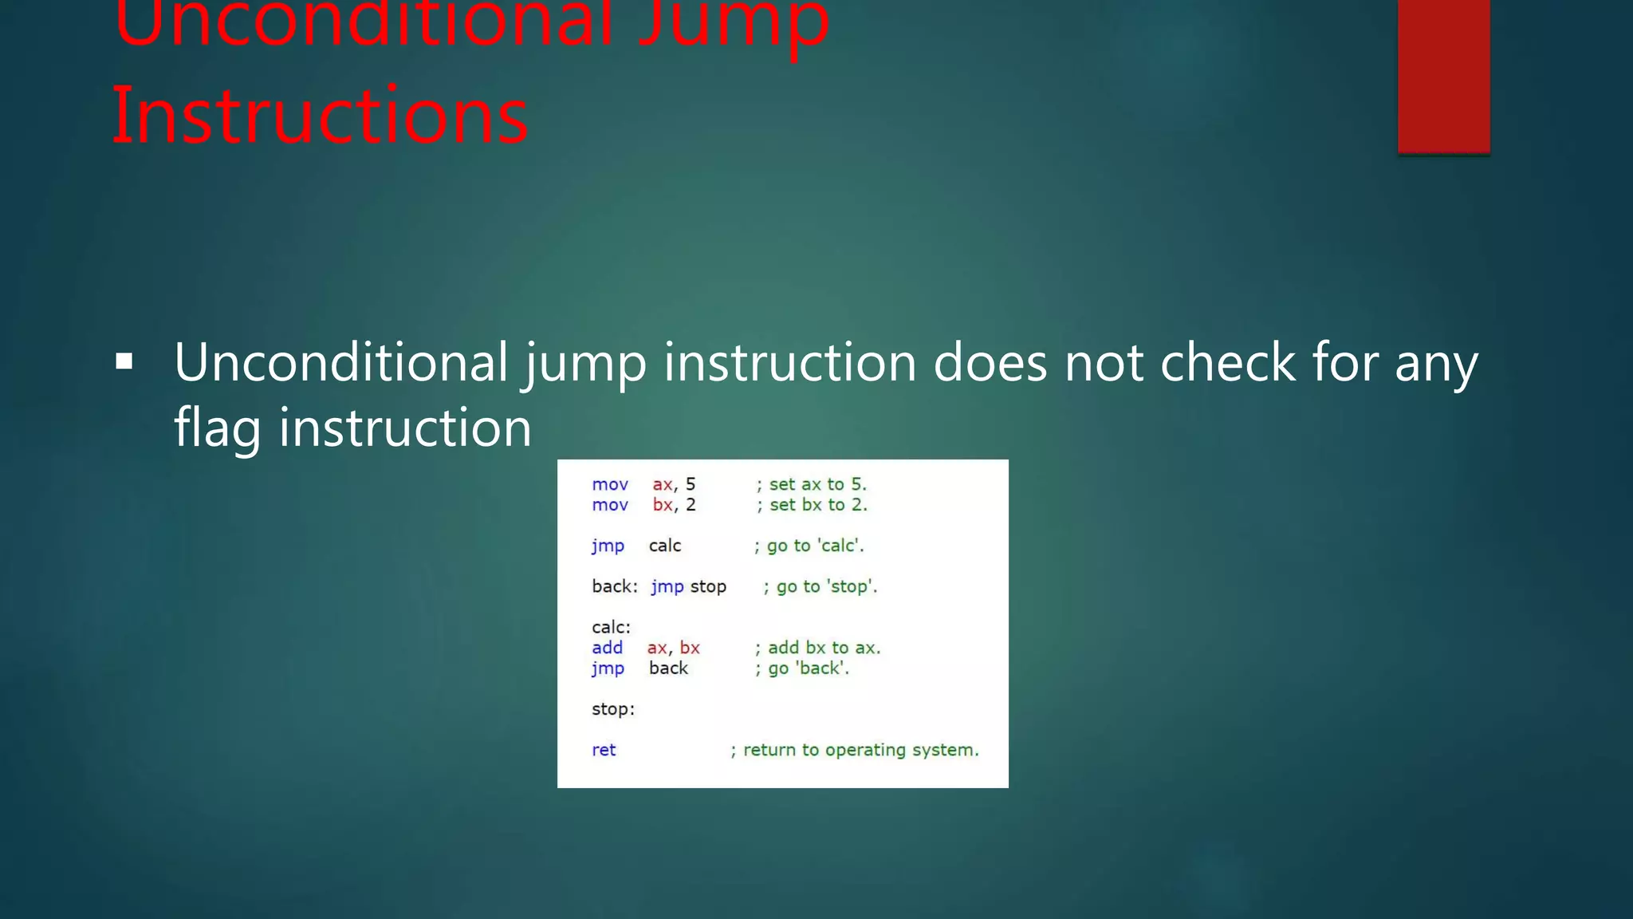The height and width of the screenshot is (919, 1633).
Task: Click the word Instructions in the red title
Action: coord(319,116)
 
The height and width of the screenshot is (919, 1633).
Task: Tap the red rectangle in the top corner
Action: coord(1443,76)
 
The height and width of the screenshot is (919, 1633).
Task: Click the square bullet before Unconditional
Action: coord(124,363)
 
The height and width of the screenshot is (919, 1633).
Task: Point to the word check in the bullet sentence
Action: coord(1228,363)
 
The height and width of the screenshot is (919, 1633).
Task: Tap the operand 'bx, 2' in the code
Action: coord(674,505)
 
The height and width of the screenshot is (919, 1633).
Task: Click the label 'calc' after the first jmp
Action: coord(665,546)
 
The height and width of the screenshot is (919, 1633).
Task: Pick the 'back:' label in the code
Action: coord(614,586)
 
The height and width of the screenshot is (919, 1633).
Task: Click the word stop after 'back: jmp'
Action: coord(708,586)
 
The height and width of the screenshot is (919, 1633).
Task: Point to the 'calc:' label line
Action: coord(611,627)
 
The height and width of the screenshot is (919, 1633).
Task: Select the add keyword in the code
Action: coord(607,648)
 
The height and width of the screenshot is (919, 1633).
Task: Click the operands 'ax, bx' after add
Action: coord(673,648)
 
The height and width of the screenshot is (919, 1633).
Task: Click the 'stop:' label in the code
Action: coord(613,709)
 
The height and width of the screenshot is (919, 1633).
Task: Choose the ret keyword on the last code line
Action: coord(604,750)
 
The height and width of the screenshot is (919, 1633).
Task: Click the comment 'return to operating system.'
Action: coord(855,750)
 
